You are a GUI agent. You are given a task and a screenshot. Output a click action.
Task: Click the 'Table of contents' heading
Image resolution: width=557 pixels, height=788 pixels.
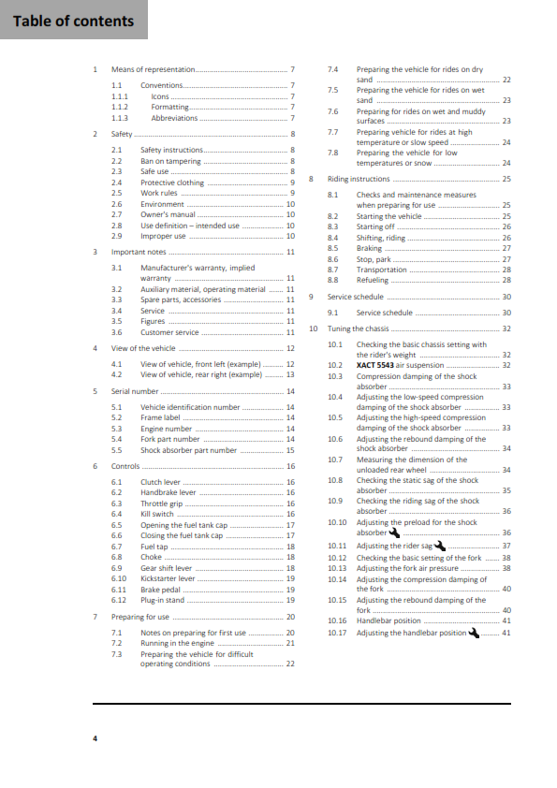73,21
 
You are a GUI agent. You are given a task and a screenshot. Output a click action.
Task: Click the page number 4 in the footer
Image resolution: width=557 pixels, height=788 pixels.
95,739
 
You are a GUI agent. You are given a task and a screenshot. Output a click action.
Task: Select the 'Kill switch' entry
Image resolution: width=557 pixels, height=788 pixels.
157,514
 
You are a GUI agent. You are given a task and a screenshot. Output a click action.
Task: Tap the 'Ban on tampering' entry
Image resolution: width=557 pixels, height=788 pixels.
169,161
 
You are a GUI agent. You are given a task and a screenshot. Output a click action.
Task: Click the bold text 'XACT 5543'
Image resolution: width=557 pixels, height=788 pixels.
378,365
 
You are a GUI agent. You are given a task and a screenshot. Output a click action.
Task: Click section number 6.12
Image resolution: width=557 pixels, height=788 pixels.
118,600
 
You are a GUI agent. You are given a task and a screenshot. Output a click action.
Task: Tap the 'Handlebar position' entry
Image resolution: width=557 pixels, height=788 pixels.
388,620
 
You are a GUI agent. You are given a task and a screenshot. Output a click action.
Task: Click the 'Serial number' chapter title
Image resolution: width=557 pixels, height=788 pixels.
133,390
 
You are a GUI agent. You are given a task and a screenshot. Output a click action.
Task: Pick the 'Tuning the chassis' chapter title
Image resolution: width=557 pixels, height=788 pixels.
359,328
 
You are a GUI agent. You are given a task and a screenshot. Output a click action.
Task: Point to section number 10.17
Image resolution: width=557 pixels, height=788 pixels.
337,633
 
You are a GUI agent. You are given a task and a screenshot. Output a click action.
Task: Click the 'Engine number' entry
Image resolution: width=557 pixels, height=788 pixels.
166,429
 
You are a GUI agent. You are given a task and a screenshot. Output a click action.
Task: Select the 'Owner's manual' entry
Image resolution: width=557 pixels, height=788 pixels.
168,214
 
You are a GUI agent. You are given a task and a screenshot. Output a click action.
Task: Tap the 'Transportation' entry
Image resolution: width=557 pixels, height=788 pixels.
381,270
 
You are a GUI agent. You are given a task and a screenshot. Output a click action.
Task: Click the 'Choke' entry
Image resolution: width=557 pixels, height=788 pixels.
151,557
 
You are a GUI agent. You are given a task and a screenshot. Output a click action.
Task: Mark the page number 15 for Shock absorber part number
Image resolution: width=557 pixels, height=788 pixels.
290,450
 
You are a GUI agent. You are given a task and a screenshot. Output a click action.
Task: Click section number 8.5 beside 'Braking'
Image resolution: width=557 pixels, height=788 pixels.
332,248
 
